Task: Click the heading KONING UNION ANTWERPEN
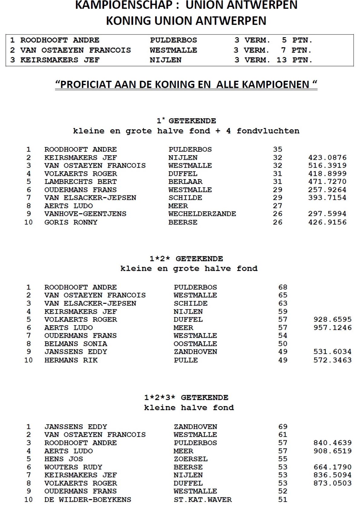click(186, 21)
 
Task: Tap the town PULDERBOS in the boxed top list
click(173, 40)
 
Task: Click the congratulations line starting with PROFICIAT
click(186, 84)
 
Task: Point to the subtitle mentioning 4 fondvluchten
click(186, 131)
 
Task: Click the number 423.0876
click(327, 158)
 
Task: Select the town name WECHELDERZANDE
click(202, 214)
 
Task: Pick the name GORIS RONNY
click(71, 222)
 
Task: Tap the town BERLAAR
click(185, 182)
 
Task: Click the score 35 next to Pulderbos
click(277, 149)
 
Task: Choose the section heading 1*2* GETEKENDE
click(186, 259)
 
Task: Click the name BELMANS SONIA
click(76, 344)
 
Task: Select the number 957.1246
click(332, 328)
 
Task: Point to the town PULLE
click(185, 360)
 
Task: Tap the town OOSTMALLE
click(195, 344)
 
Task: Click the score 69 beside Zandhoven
click(283, 427)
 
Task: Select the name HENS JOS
click(64, 459)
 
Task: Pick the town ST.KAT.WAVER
click(203, 500)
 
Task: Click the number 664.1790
click(332, 467)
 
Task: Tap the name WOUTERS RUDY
click(73, 467)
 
